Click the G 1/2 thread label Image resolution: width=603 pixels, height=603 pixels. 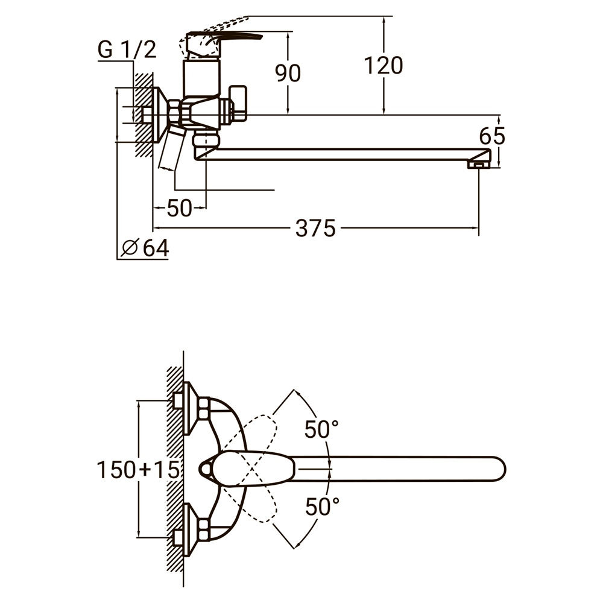pyautogui.click(x=127, y=49)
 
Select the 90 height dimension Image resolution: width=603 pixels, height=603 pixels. pyautogui.click(x=288, y=73)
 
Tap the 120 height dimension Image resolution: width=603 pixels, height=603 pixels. pyautogui.click(x=383, y=65)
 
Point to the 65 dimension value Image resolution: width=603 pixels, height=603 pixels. pyautogui.click(x=492, y=137)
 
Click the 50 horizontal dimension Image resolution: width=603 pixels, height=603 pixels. pyautogui.click(x=179, y=209)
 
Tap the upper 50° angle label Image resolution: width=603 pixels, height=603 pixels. pyautogui.click(x=321, y=430)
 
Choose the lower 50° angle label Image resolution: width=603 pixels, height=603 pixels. pyautogui.click(x=321, y=507)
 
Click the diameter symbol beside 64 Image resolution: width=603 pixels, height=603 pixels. pyautogui.click(x=130, y=247)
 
